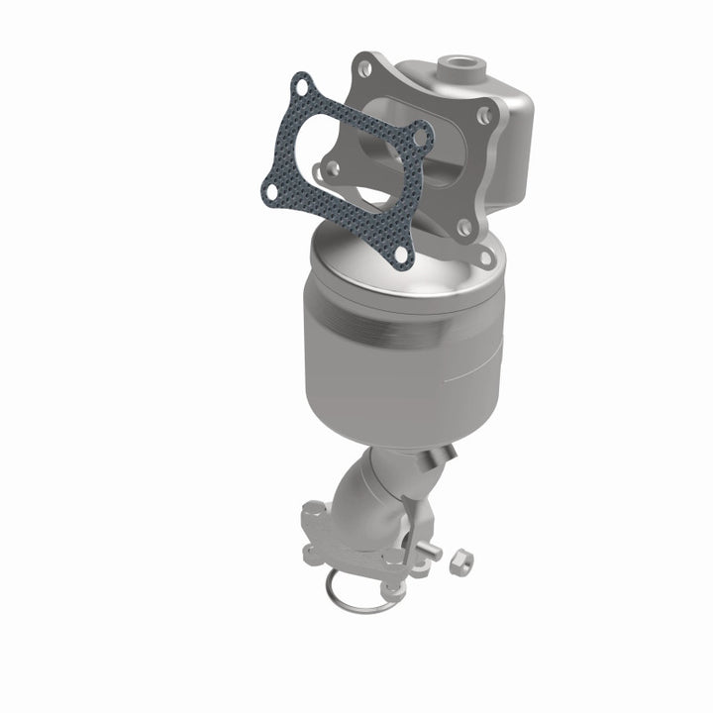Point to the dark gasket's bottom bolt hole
click(x=400, y=255)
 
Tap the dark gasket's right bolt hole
click(x=421, y=136)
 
